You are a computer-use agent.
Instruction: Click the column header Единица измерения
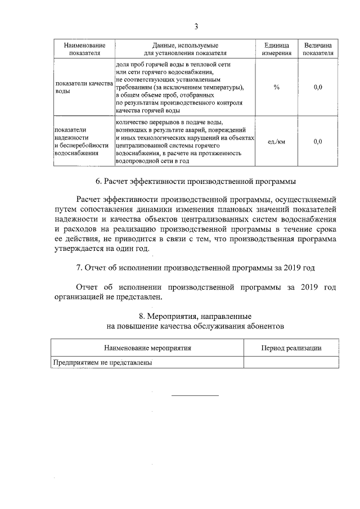pos(277,49)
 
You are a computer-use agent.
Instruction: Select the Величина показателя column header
pos(318,49)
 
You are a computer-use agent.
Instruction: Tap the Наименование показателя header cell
pos(84,49)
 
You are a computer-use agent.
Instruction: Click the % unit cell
pos(277,87)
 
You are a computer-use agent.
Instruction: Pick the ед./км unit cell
pos(277,142)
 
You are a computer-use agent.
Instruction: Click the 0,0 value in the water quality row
pos(318,87)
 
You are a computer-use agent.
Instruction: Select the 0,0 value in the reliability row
pos(318,142)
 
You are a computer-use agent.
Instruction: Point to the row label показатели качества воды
pos(84,87)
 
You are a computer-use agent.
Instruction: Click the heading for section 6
pos(196,182)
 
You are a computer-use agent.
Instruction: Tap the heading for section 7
pos(196,267)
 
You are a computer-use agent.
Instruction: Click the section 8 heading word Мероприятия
pos(186,316)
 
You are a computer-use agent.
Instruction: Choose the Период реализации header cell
pos(291,348)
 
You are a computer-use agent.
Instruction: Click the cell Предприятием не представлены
pos(103,363)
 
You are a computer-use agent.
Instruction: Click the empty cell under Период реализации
pos(291,363)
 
